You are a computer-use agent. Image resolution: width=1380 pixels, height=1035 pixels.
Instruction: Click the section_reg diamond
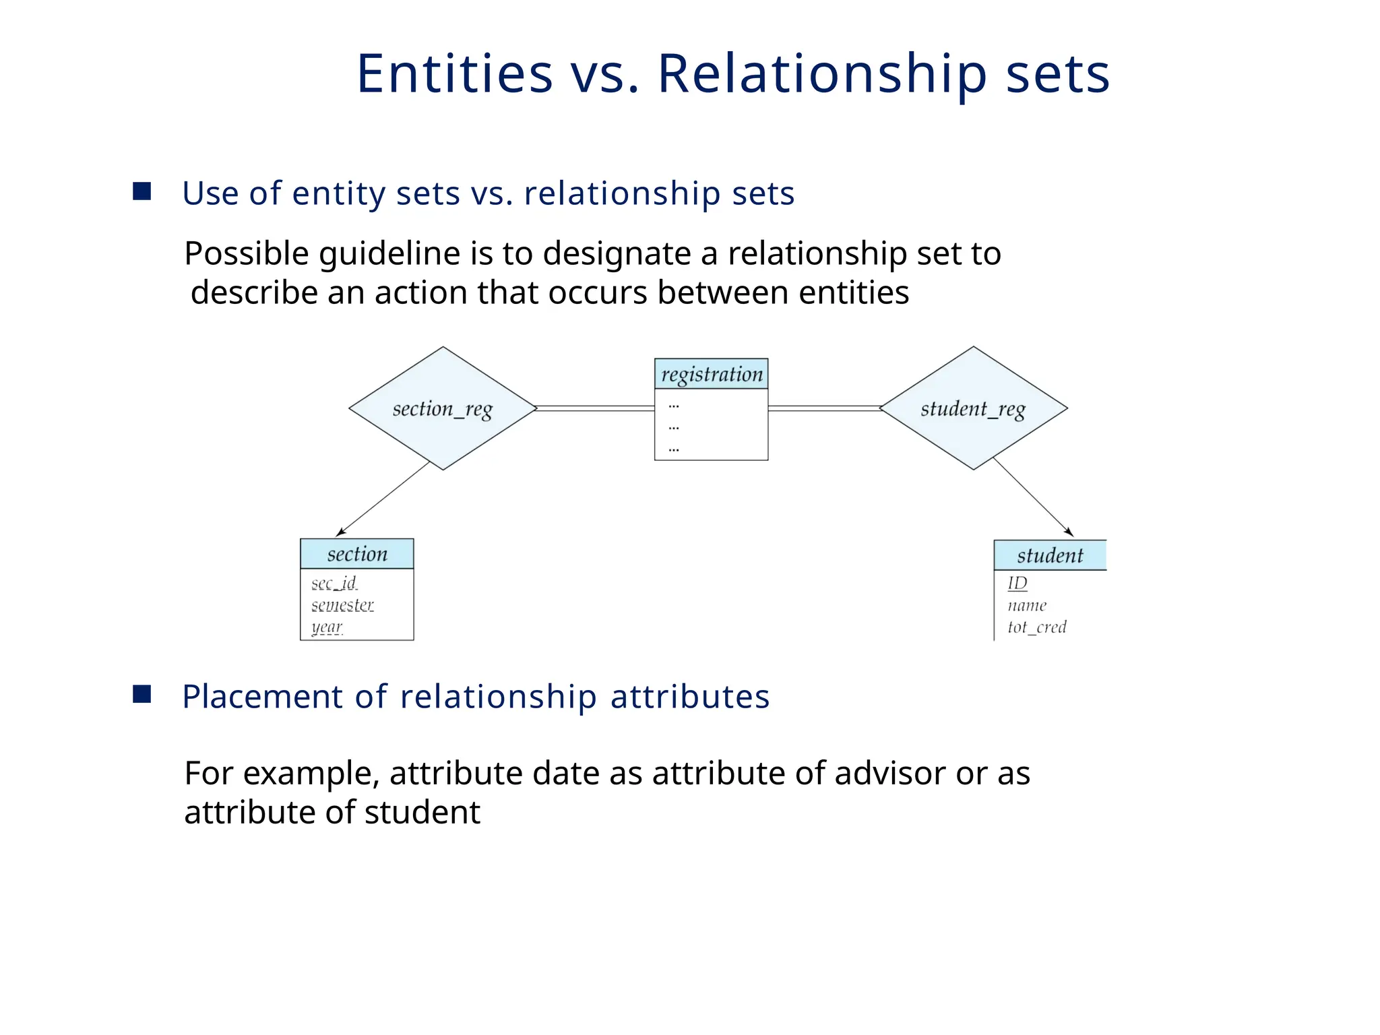tap(443, 408)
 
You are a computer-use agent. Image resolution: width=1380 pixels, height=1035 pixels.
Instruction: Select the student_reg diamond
tap(973, 408)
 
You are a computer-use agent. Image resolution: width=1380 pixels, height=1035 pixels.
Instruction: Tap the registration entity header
tap(711, 374)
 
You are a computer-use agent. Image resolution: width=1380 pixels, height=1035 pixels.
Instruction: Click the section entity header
tap(356, 554)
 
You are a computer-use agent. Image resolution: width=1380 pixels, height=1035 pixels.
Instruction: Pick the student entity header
tap(1049, 555)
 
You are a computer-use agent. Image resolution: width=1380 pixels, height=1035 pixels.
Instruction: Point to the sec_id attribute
tap(334, 583)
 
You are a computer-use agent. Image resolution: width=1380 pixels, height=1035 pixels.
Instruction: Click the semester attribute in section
tap(342, 605)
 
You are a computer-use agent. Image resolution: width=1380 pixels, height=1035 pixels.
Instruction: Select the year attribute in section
tap(327, 627)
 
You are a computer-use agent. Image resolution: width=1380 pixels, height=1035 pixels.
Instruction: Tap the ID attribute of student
tap(1017, 583)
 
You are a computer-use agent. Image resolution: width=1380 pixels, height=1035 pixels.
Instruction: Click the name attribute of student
tap(1027, 605)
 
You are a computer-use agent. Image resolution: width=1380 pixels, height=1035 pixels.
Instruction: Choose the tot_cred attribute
tap(1036, 627)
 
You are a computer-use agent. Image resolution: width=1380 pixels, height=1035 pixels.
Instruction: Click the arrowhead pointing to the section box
tap(340, 533)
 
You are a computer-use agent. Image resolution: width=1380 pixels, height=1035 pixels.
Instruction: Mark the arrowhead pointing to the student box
tap(1069, 532)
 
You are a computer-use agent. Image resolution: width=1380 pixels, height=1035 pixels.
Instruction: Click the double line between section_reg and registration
tap(596, 408)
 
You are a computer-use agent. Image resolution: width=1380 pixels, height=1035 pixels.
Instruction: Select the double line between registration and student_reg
tap(823, 408)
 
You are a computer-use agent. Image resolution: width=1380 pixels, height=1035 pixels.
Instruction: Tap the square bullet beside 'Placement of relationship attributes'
tap(142, 694)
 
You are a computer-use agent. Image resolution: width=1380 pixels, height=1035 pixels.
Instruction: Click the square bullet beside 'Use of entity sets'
tap(142, 191)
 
